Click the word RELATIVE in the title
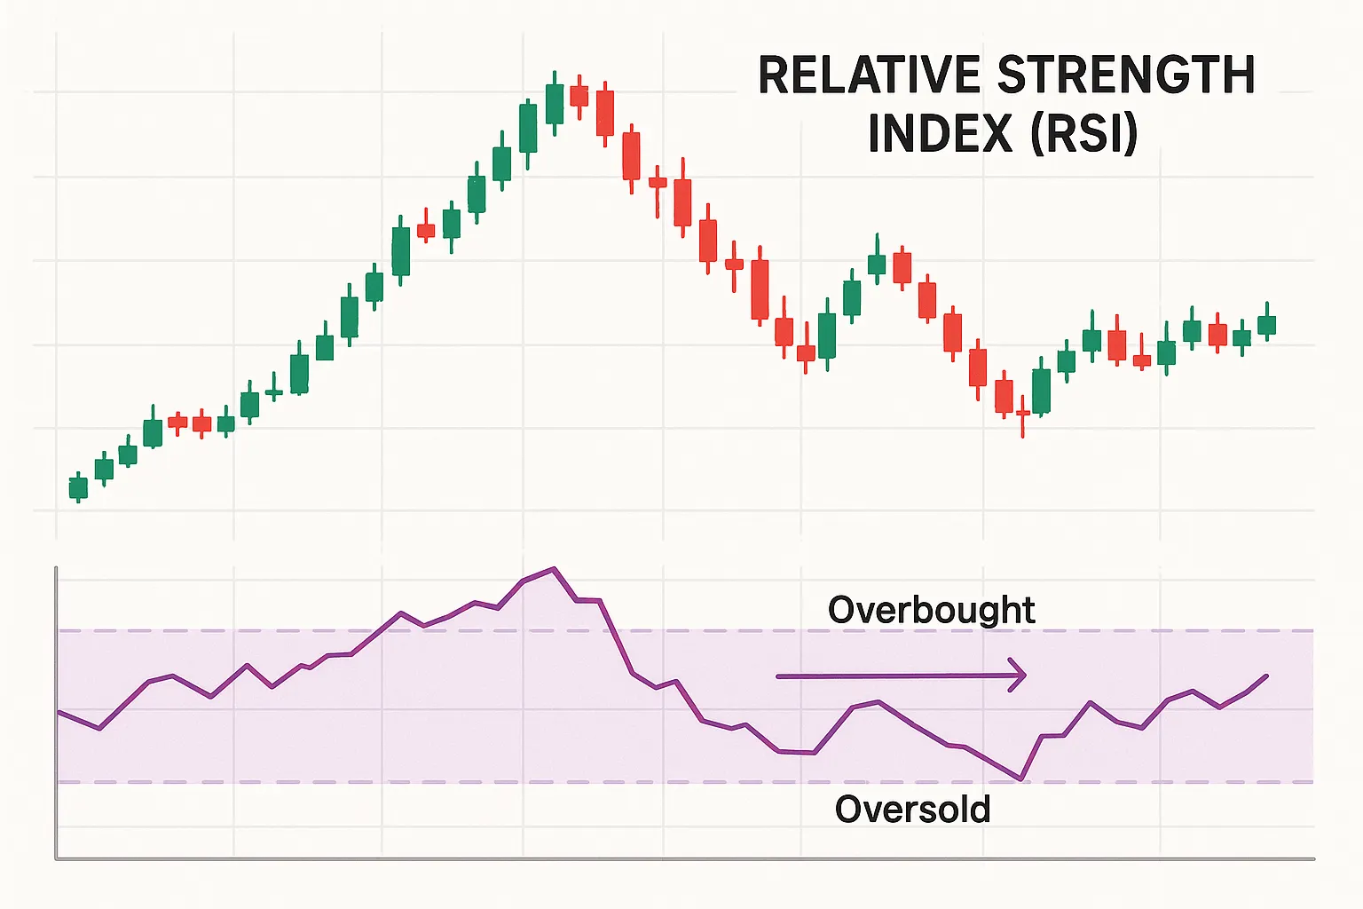pyautogui.click(x=871, y=75)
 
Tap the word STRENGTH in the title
pyautogui.click(x=1126, y=75)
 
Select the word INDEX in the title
pyautogui.click(x=940, y=133)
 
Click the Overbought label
pyautogui.click(x=931, y=610)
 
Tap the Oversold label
pyautogui.click(x=912, y=809)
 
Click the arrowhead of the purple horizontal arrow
pyautogui.click(x=1019, y=676)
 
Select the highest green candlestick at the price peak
pyautogui.click(x=555, y=103)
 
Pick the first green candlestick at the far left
pyautogui.click(x=79, y=487)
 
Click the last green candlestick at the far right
pyautogui.click(x=1266, y=324)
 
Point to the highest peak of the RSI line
pyautogui.click(x=554, y=568)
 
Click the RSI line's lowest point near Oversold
pyautogui.click(x=1022, y=779)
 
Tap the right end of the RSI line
pyautogui.click(x=1266, y=676)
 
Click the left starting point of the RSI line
pyautogui.click(x=59, y=712)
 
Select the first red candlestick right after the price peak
pyautogui.click(x=579, y=95)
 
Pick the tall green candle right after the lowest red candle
pyautogui.click(x=1042, y=391)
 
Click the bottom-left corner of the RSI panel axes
pyautogui.click(x=57, y=858)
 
